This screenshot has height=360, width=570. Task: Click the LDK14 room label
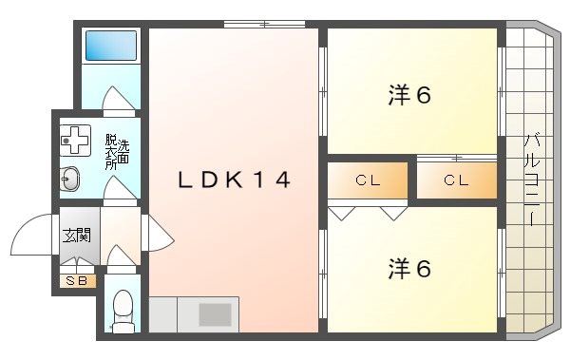coord(234,180)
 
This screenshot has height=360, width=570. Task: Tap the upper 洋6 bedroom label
coord(409,96)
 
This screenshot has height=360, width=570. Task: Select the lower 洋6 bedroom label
coord(409,270)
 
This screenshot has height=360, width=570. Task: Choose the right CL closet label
coord(456,180)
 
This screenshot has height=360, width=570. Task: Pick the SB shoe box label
coord(75,279)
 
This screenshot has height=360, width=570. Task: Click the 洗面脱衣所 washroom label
coord(111,152)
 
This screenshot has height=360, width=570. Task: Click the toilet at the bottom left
coord(122,309)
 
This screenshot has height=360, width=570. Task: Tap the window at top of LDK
coord(265,25)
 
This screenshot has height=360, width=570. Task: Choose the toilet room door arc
coord(121,256)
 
